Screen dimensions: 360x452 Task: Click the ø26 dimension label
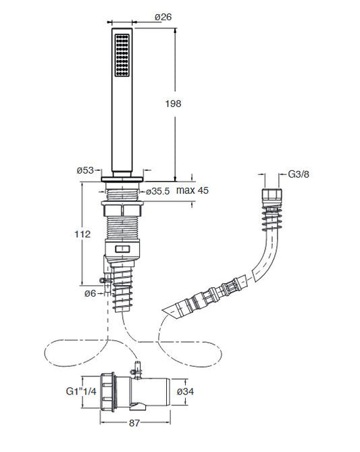163,17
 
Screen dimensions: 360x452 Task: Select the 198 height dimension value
173,103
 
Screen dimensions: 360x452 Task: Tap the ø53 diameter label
85,170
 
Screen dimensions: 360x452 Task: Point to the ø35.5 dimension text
157,191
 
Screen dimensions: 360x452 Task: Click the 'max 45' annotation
192,191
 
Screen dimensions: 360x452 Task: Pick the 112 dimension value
82,234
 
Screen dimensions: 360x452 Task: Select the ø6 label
90,293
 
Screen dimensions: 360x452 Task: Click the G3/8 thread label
299,174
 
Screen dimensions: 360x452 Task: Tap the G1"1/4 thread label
81,391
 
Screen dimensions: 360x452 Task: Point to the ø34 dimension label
185,391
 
